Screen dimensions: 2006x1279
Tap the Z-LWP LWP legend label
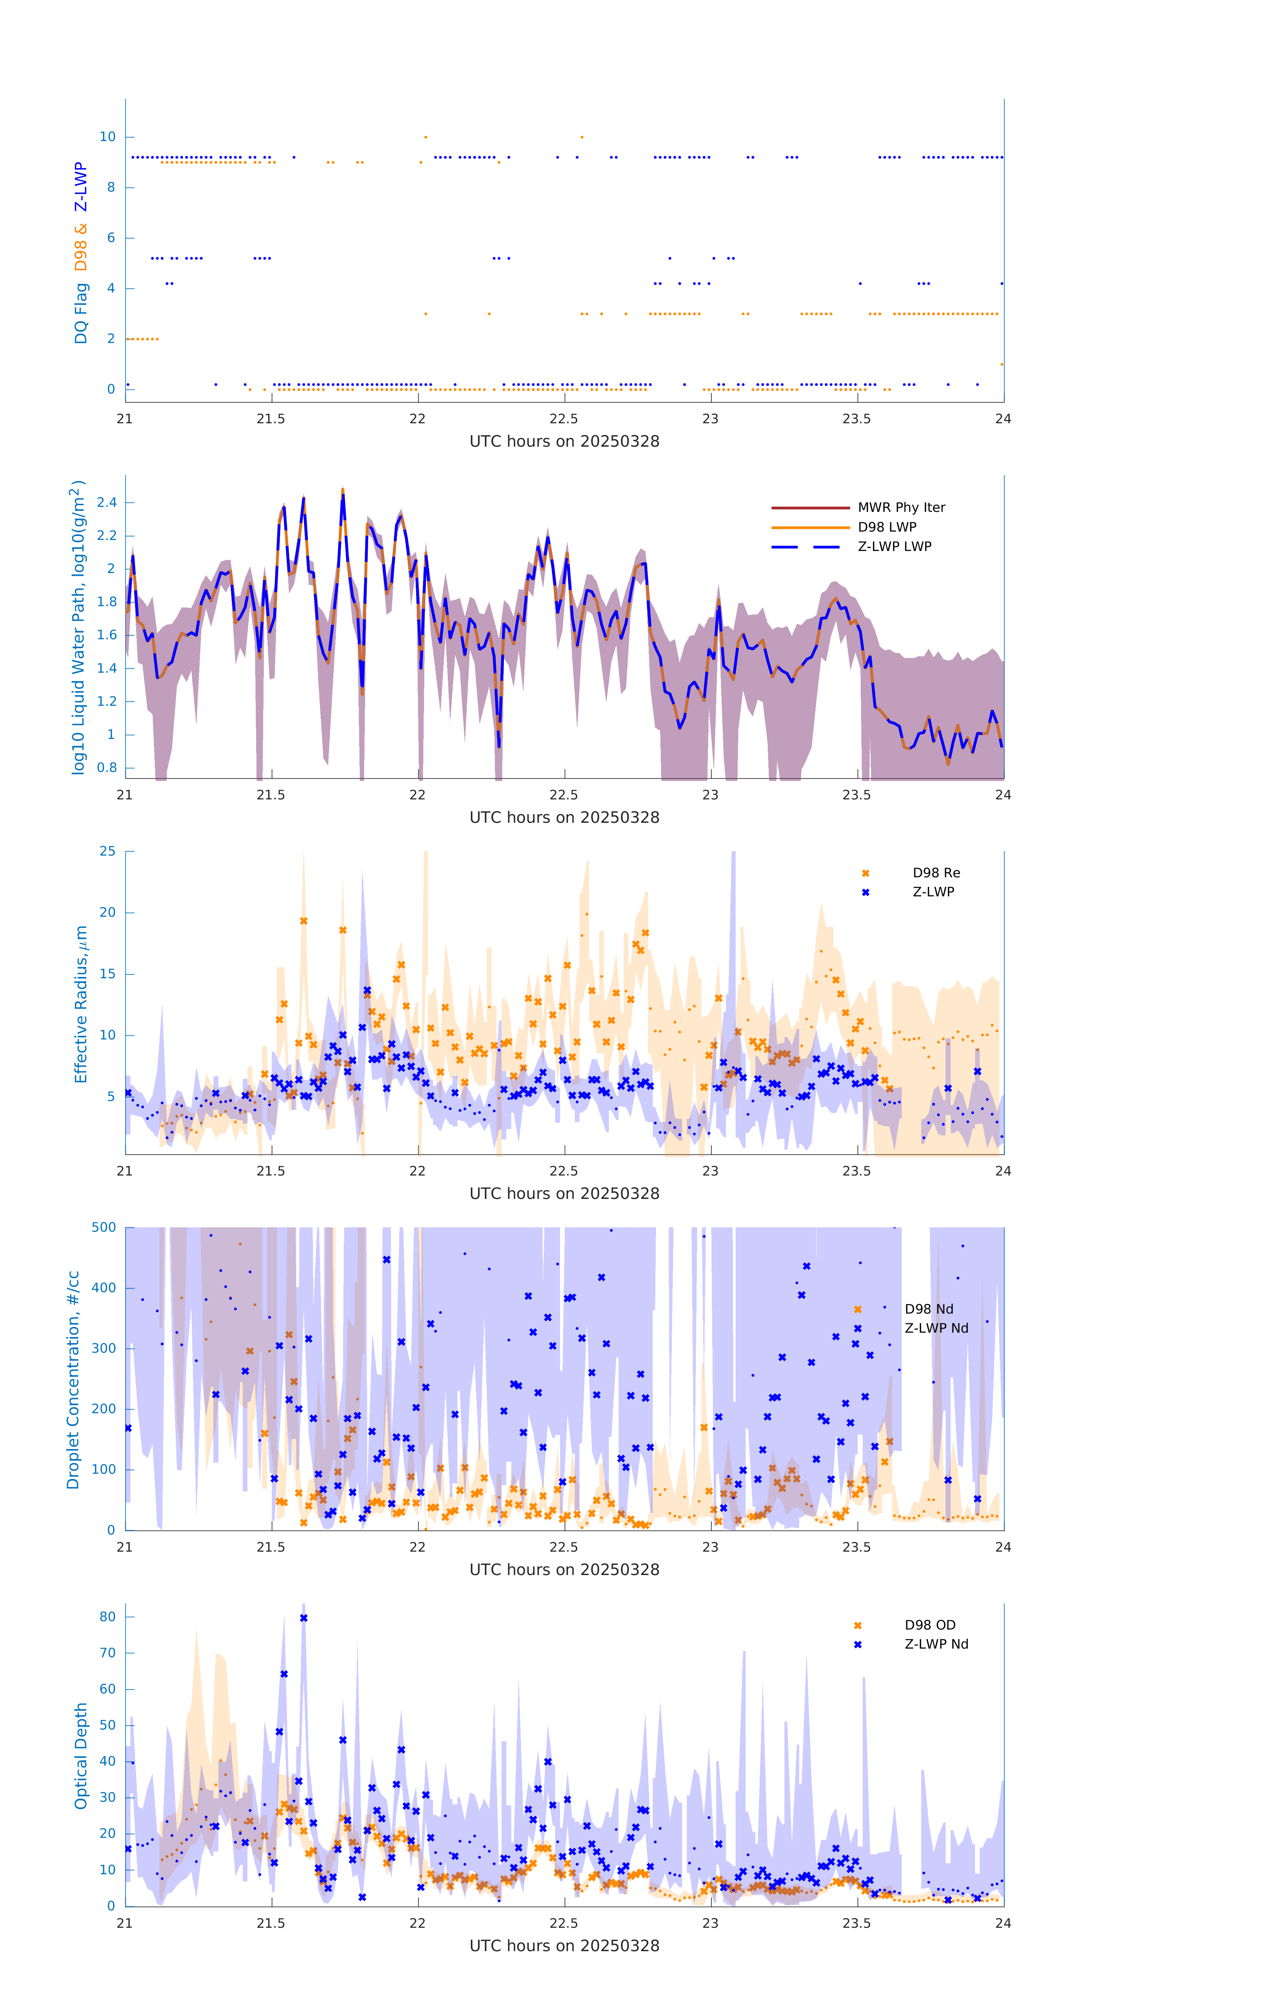point(894,547)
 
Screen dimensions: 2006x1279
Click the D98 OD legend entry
point(930,1625)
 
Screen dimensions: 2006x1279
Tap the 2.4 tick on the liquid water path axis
point(107,502)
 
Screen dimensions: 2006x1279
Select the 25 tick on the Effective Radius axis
point(107,852)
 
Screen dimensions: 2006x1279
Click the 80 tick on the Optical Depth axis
point(107,1617)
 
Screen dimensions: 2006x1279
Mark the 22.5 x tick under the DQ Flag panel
point(564,419)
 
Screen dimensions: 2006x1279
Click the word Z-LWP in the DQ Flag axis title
point(81,187)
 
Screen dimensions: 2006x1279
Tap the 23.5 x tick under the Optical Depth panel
point(857,1923)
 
